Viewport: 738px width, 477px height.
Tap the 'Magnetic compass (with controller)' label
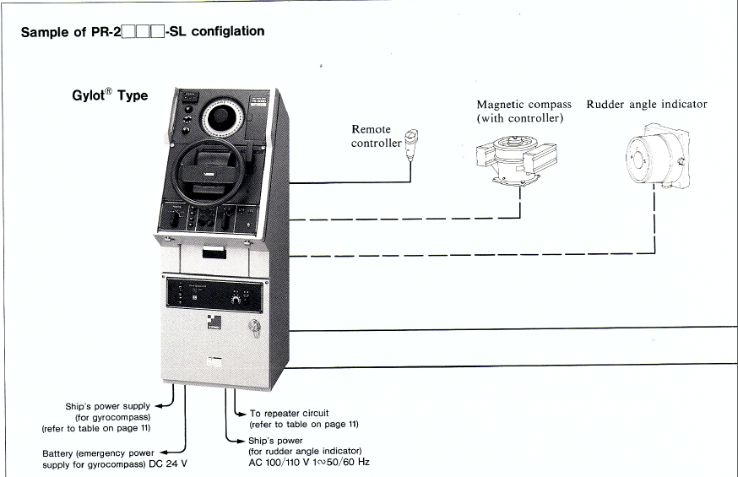click(524, 111)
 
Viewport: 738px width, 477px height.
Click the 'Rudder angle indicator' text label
click(646, 105)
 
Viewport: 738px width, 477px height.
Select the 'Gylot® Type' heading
click(110, 95)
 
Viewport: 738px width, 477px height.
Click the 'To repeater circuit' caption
click(290, 413)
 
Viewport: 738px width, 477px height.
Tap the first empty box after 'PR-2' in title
click(129, 33)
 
